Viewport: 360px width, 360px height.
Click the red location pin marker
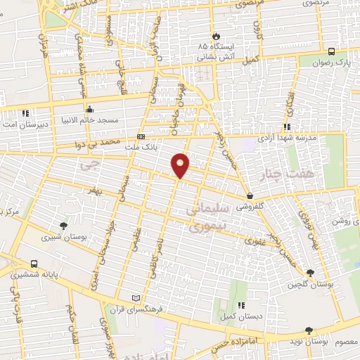tap(181, 165)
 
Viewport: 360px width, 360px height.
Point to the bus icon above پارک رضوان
tap(331, 51)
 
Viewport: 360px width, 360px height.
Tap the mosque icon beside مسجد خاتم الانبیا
tap(89, 109)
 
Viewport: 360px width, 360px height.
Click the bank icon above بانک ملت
tap(141, 136)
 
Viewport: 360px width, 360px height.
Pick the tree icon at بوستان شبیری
tap(64, 226)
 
